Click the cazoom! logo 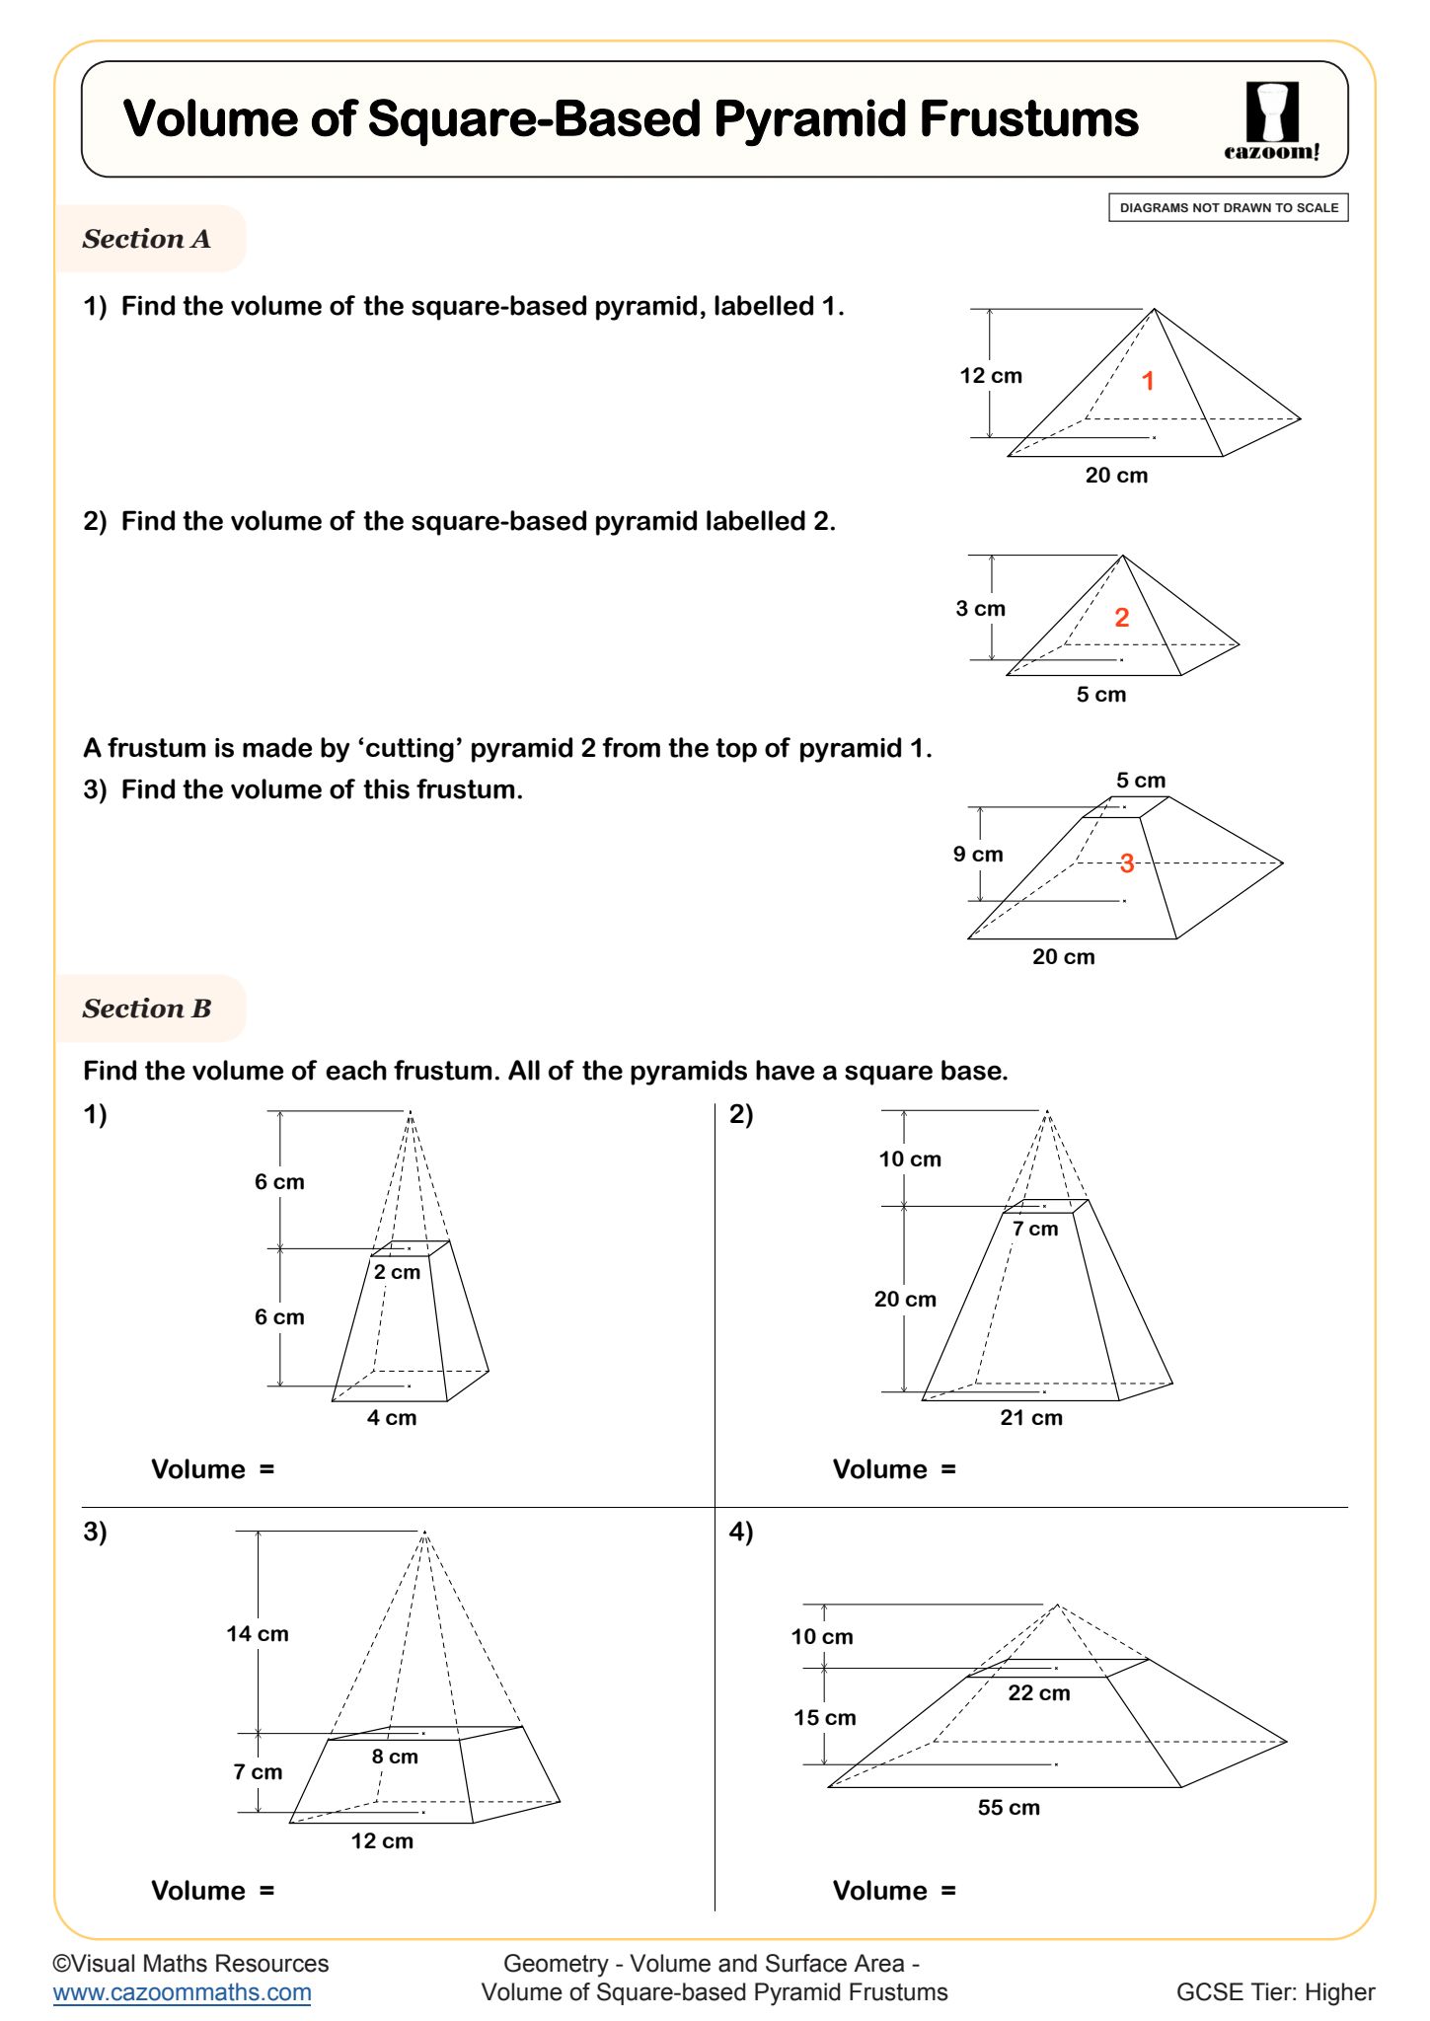[x=1271, y=120]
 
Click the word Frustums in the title [x=1029, y=119]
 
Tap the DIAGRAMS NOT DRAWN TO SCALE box [x=1228, y=208]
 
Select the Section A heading [x=147, y=239]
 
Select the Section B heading [x=147, y=1009]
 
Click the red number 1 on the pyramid [x=1148, y=381]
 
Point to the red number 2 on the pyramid [x=1121, y=618]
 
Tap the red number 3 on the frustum [x=1127, y=863]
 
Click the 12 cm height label [x=991, y=376]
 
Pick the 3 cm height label [x=980, y=609]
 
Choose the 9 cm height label [x=978, y=855]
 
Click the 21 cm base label [x=1031, y=1418]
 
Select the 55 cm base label [x=1009, y=1808]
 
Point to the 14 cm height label [x=258, y=1634]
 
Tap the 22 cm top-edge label [x=1038, y=1693]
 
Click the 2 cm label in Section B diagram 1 [x=397, y=1272]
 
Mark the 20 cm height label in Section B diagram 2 [x=905, y=1300]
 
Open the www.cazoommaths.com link [x=183, y=1992]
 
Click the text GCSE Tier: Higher [x=1275, y=1992]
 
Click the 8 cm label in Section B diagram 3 [x=395, y=1757]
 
